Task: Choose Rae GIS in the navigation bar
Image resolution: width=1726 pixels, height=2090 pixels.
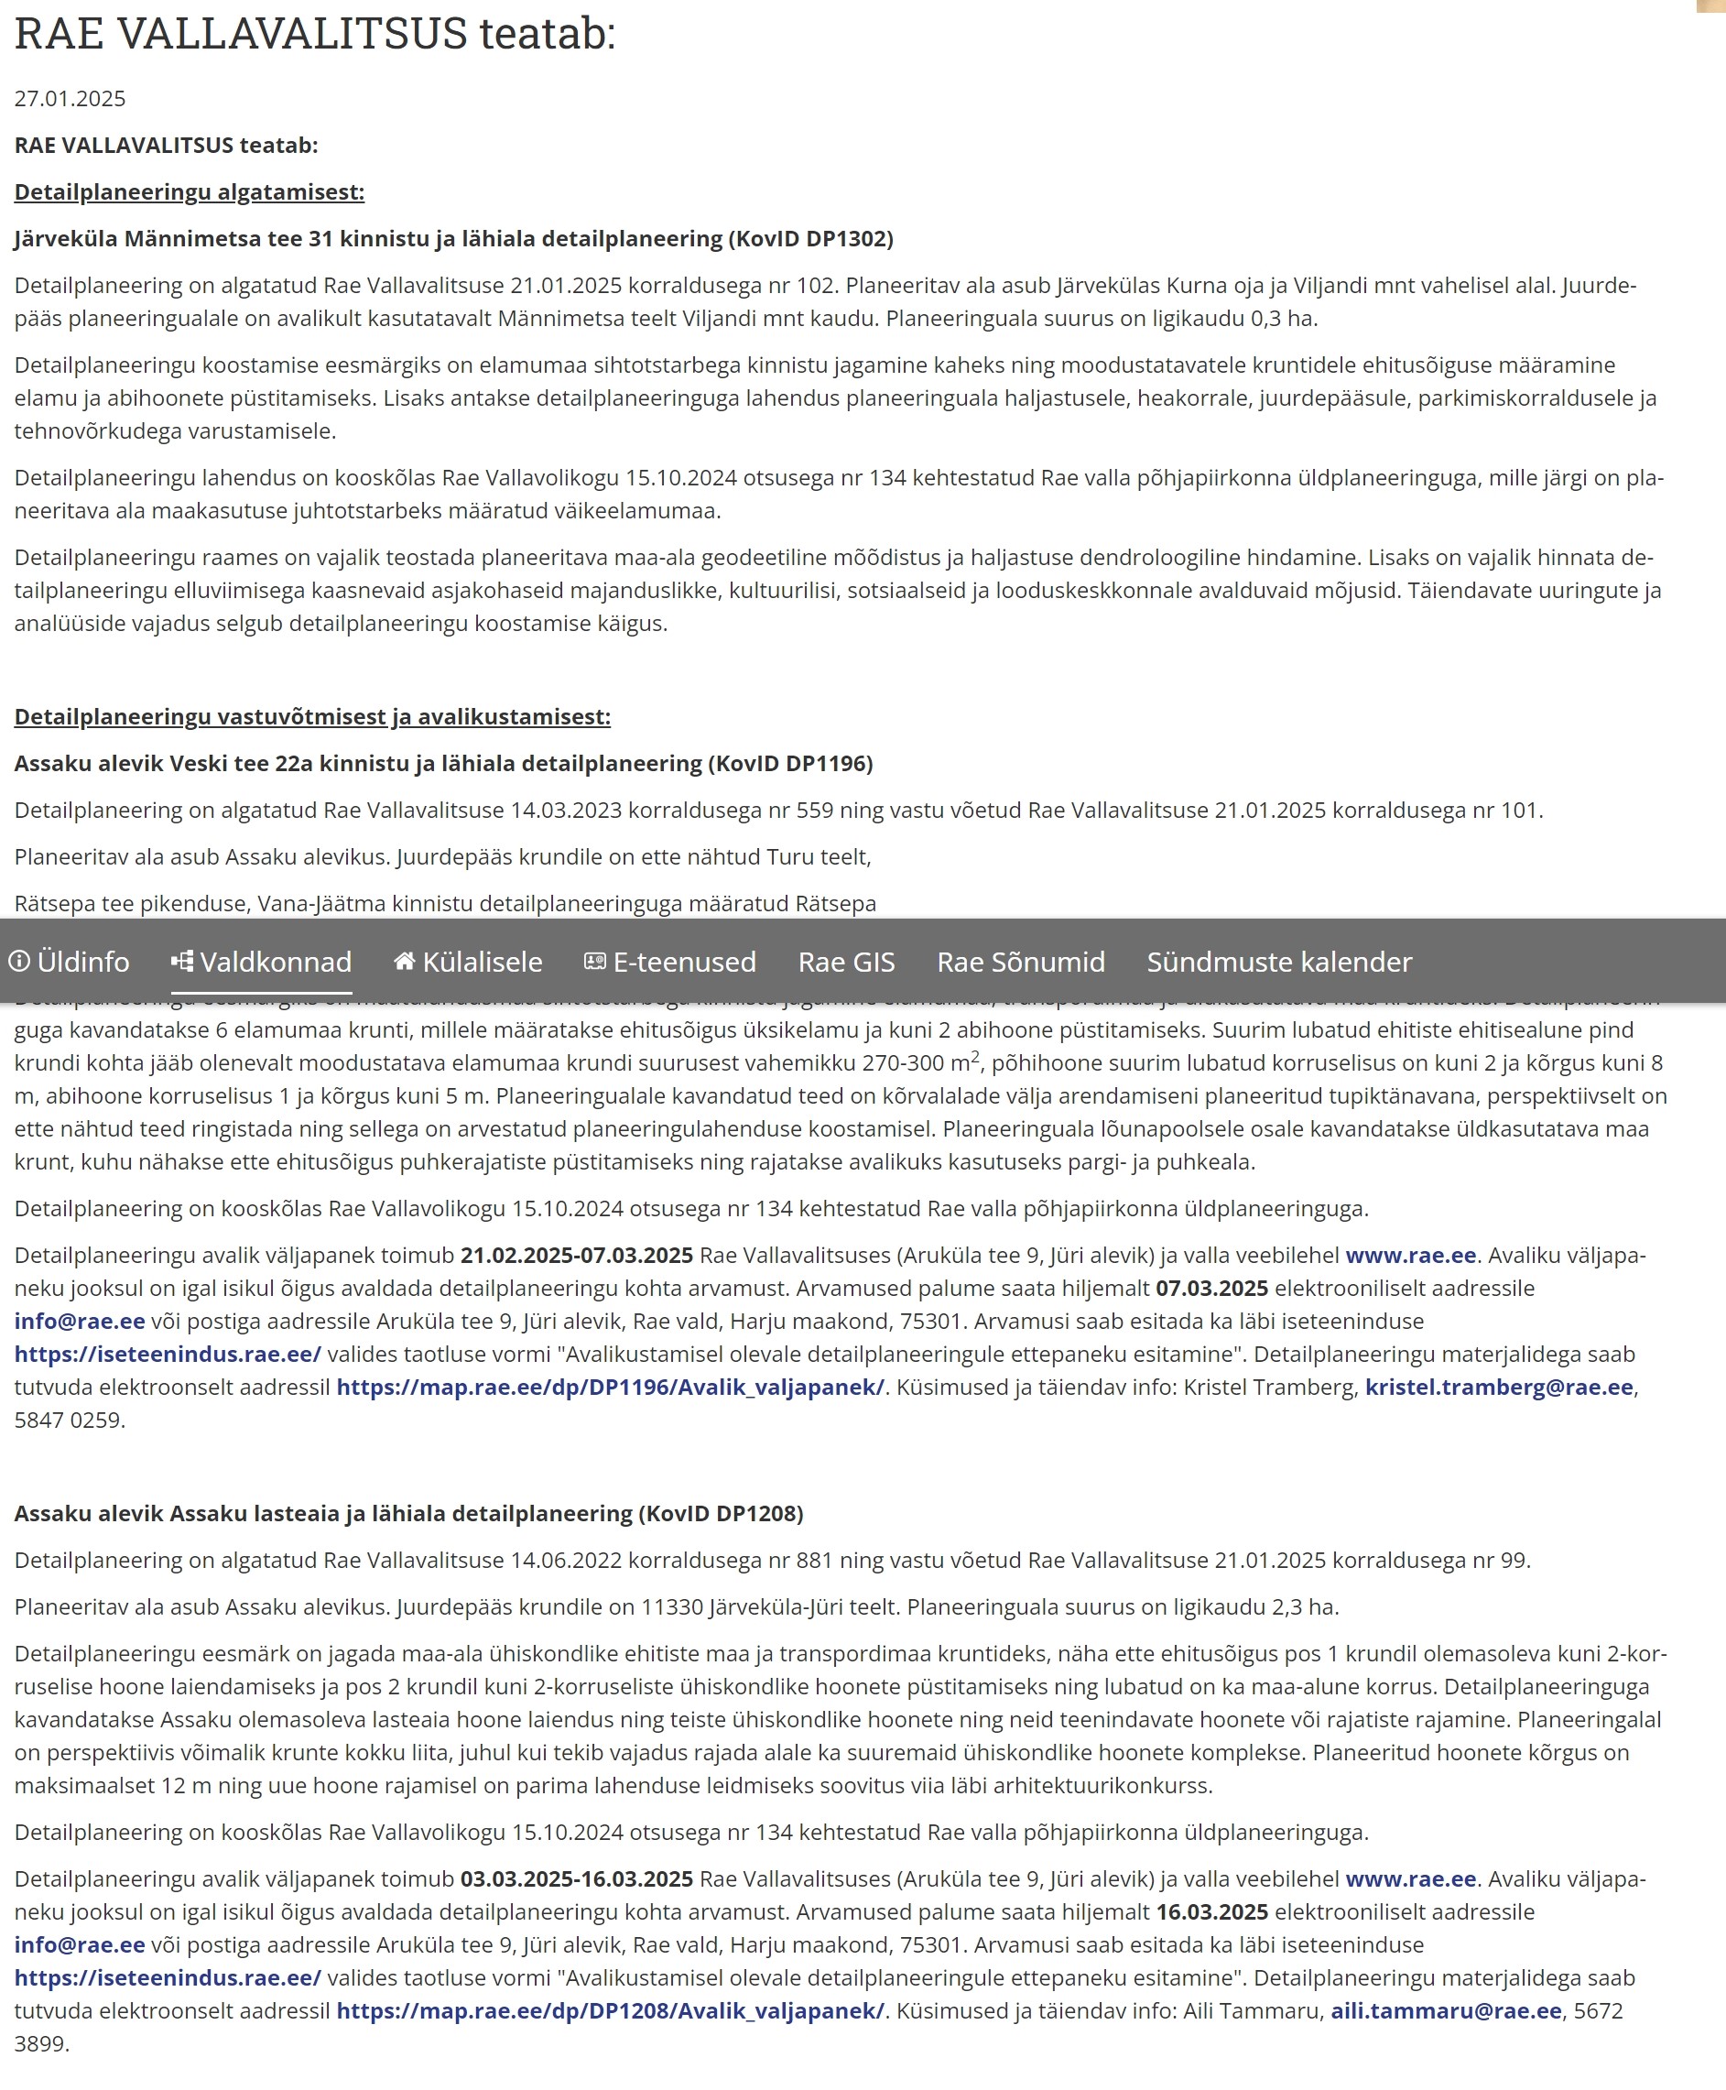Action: pyautogui.click(x=846, y=962)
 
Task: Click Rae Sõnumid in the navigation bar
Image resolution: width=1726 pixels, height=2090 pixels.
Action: pyautogui.click(x=1021, y=962)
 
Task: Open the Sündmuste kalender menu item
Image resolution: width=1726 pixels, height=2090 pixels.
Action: pyautogui.click(x=1278, y=962)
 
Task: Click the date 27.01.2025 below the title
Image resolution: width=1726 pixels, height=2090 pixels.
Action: pyautogui.click(x=70, y=98)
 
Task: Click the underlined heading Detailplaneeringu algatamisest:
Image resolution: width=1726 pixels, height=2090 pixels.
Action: pyautogui.click(x=189, y=192)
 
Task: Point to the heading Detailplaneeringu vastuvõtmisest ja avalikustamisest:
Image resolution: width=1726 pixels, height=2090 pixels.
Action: pyautogui.click(x=312, y=717)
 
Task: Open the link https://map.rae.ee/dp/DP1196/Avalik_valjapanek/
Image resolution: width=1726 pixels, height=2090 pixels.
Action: pyautogui.click(x=610, y=1387)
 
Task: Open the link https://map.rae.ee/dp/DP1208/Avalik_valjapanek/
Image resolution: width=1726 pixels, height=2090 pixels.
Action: pyautogui.click(x=610, y=2010)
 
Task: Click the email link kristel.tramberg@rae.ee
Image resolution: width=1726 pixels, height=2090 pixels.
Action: pyautogui.click(x=1498, y=1387)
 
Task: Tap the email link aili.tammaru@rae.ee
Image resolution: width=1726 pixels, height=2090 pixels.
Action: pyautogui.click(x=1446, y=2010)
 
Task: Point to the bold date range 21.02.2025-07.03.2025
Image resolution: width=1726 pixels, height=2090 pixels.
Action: pyautogui.click(x=576, y=1255)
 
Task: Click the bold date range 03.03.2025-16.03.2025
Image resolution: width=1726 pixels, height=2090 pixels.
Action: pyautogui.click(x=576, y=1878)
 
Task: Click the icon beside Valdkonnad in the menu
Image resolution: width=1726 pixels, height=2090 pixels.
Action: pyautogui.click(x=182, y=961)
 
